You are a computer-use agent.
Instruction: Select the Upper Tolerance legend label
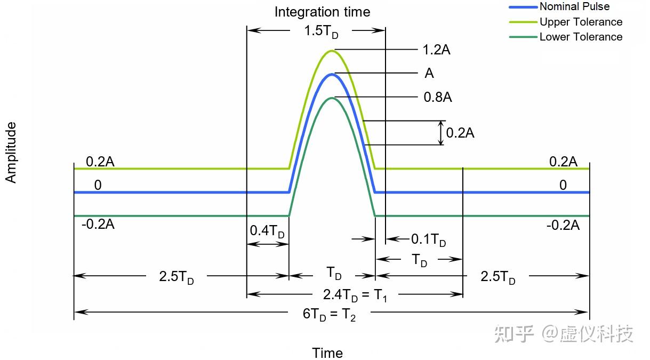[581, 22]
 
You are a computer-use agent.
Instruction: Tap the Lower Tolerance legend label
[581, 37]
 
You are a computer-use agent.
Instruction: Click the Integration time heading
[323, 12]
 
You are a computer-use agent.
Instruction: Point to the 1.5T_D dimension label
[321, 31]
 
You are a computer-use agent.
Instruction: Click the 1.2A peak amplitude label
[436, 50]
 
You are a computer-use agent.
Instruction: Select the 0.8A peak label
[438, 97]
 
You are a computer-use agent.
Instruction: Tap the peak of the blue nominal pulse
[332, 75]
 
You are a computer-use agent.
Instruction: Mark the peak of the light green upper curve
[332, 51]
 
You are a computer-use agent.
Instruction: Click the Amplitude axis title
[11, 153]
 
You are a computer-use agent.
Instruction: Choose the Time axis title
[327, 353]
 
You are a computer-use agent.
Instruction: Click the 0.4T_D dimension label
[267, 231]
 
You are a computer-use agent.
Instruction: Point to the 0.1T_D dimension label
[428, 239]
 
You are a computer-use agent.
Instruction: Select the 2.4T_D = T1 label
[355, 295]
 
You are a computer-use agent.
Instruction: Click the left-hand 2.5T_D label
[176, 277]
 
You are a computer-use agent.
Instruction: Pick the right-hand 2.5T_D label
[497, 277]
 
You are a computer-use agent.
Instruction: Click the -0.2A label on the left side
[98, 225]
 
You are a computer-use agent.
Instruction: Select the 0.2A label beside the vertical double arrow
[460, 133]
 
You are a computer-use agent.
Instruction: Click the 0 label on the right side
[563, 185]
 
